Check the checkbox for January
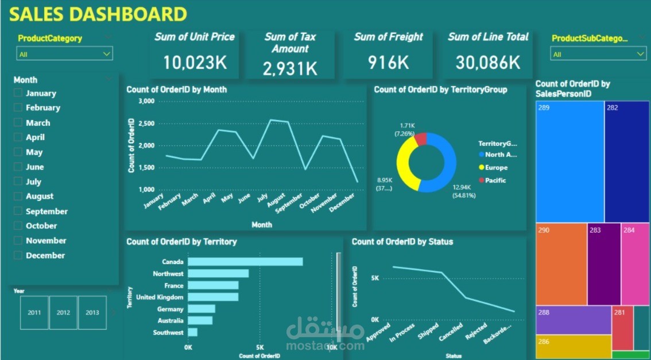pos(18,93)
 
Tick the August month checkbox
pos(18,196)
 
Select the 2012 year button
pos(63,312)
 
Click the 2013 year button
pos(92,312)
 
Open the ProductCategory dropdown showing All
pos(64,54)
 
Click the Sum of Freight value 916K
pos(389,62)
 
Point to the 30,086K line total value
pos(488,62)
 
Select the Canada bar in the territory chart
pos(245,262)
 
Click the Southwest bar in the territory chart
pos(192,332)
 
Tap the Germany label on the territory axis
pos(170,309)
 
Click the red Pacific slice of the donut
pos(421,139)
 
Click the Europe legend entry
pos(496,168)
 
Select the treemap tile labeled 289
pos(569,161)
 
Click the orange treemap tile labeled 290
pos(561,264)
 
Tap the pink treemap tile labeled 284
pos(635,264)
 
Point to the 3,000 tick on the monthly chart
pos(147,101)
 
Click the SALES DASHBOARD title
pos(98,14)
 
